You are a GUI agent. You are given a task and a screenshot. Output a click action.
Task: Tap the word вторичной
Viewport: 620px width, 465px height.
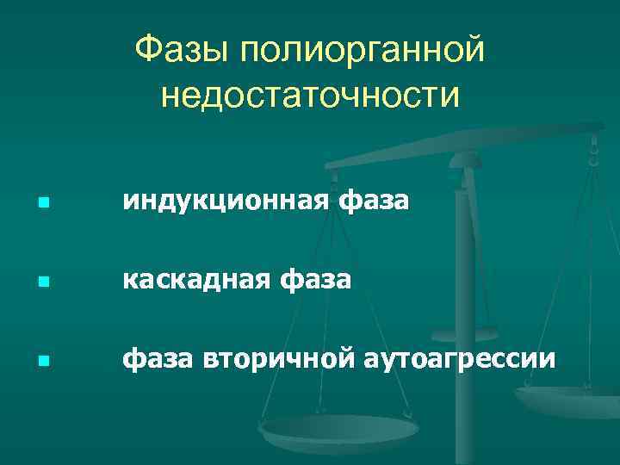point(276,356)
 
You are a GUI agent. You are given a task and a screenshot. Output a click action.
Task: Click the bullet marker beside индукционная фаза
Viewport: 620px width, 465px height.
point(42,204)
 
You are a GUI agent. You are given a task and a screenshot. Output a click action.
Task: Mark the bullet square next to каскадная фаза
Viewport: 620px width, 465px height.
point(42,281)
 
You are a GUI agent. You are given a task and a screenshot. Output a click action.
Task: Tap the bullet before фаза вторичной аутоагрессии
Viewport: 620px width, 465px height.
point(42,356)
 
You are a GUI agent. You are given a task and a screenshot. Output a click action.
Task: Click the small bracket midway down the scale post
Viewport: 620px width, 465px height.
point(465,334)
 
